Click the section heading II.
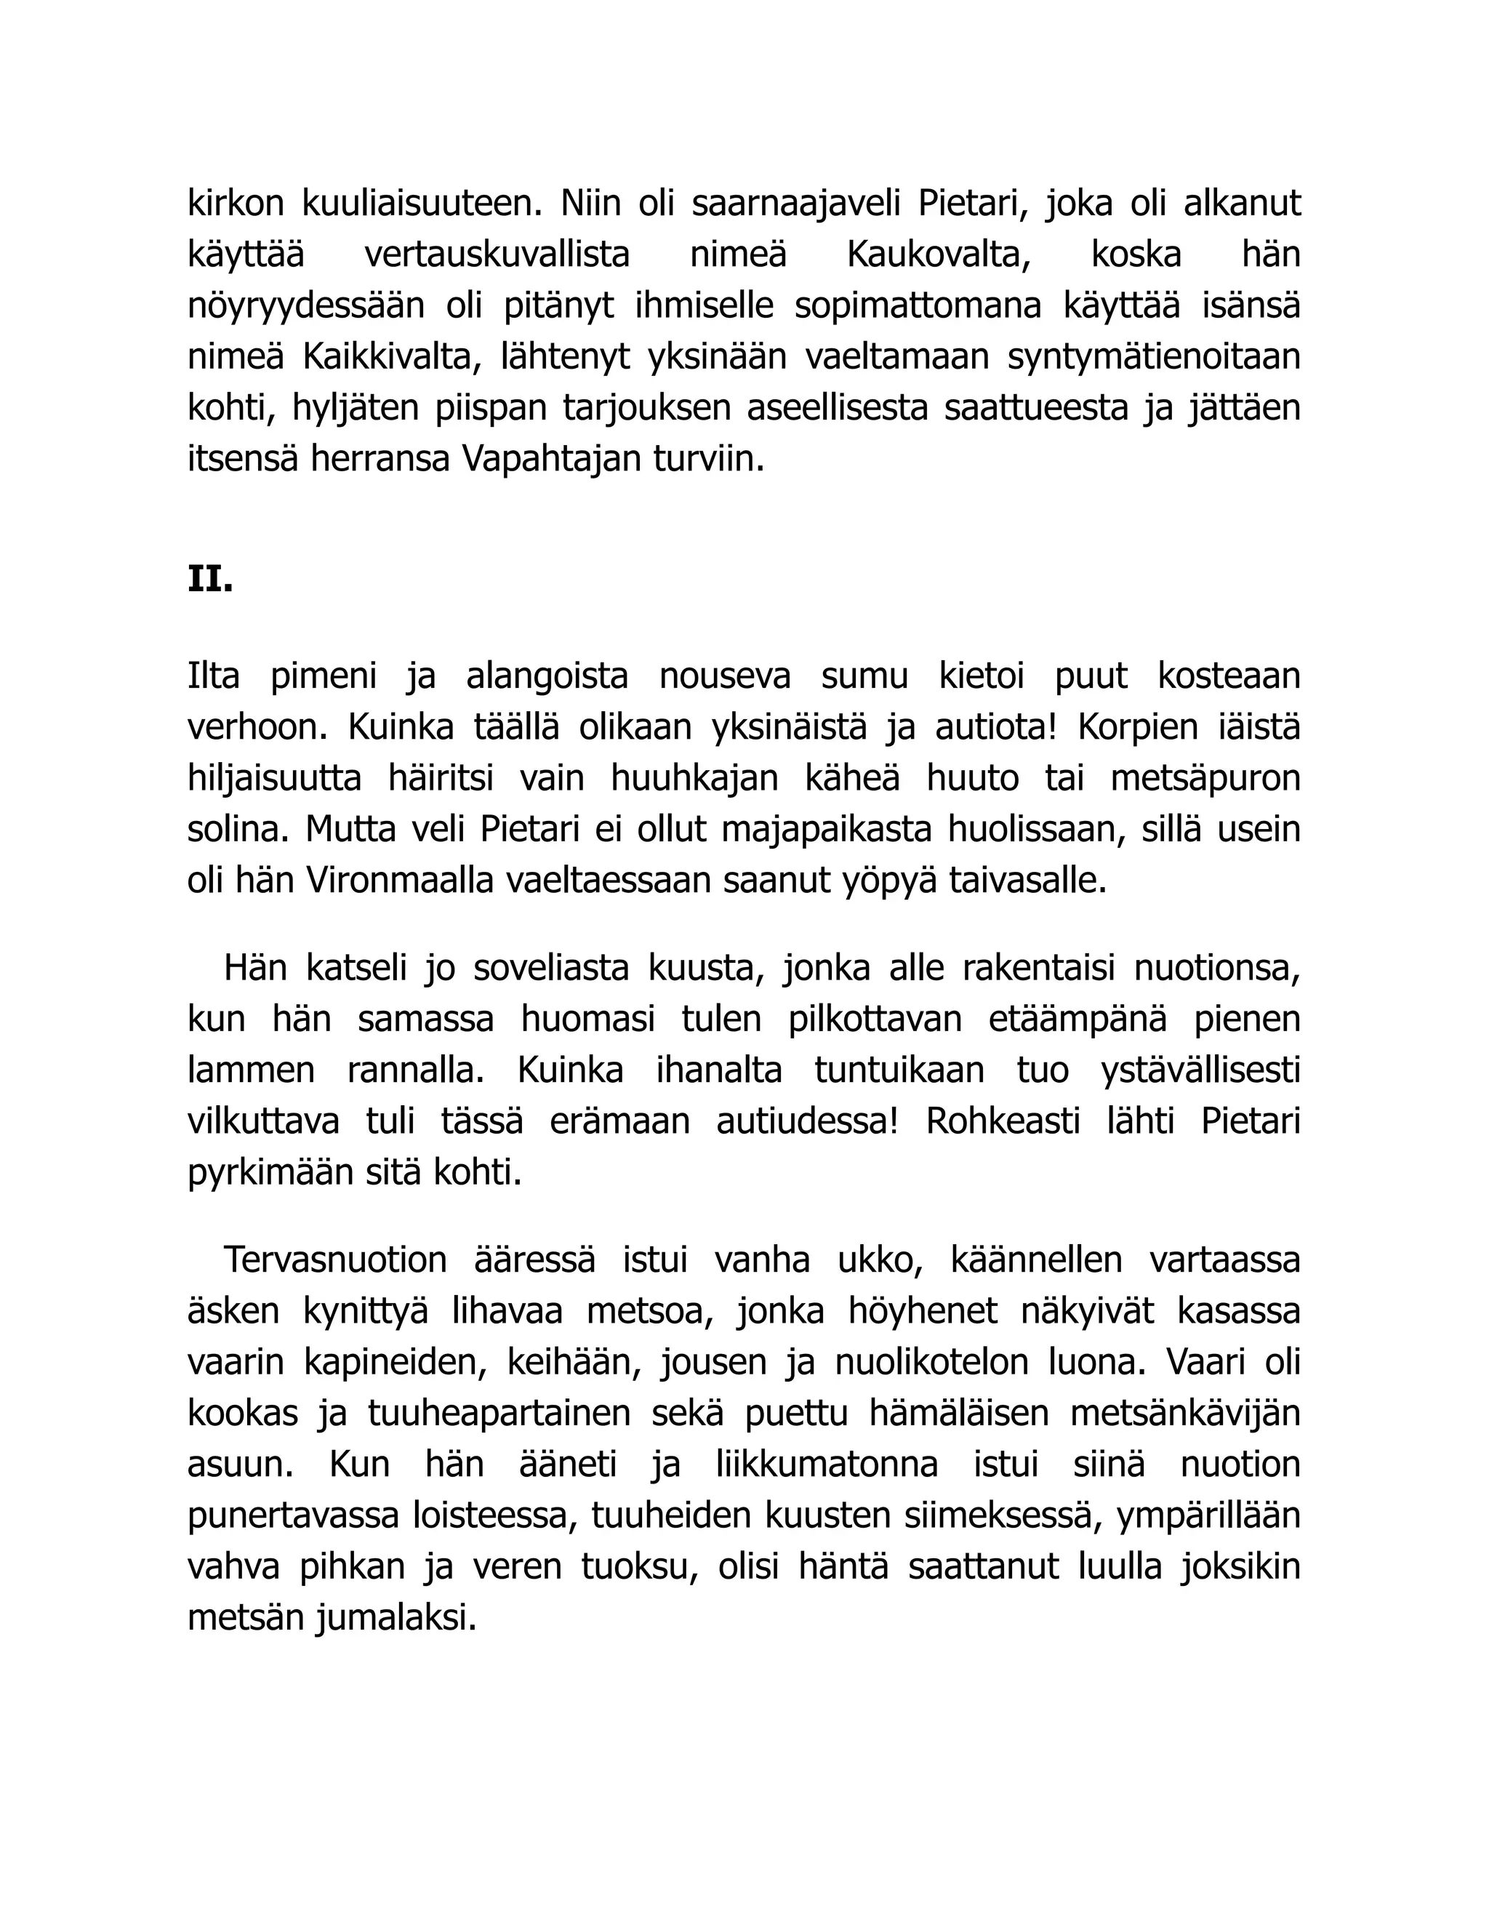(x=210, y=580)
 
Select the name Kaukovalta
(x=939, y=255)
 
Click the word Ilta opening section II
(x=214, y=677)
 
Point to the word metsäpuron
(x=1205, y=779)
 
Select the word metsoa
(x=649, y=1311)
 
